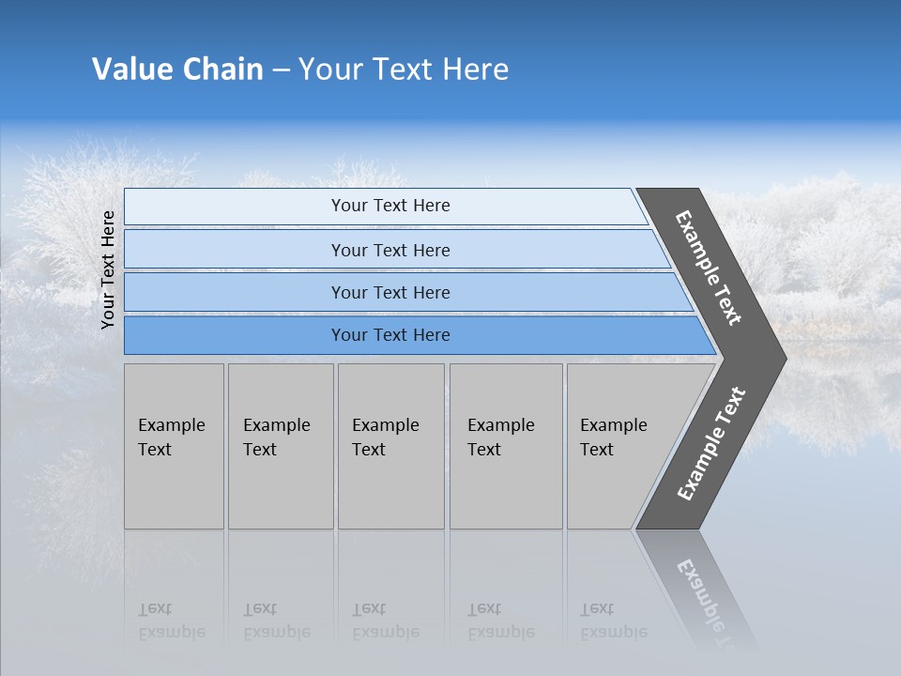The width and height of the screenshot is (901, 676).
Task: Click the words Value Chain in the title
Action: coord(177,69)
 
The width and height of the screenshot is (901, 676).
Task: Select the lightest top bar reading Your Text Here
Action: coord(389,206)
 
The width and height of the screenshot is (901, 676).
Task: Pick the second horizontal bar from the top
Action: coord(389,250)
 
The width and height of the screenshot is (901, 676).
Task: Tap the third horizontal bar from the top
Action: coord(389,292)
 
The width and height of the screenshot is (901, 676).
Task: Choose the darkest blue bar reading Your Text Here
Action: coord(389,335)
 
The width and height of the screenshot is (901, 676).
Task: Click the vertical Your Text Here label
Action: coord(108,269)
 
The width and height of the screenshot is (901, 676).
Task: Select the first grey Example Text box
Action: coord(174,446)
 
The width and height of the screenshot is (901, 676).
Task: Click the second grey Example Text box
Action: coord(281,446)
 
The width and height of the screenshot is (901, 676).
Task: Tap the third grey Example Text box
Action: coord(390,446)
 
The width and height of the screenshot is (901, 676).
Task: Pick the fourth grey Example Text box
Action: coord(506,446)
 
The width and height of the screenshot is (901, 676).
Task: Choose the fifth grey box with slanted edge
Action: coord(619,446)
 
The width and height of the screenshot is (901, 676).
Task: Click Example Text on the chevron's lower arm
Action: coord(711,444)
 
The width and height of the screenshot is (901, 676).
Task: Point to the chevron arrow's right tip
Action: coord(784,358)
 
